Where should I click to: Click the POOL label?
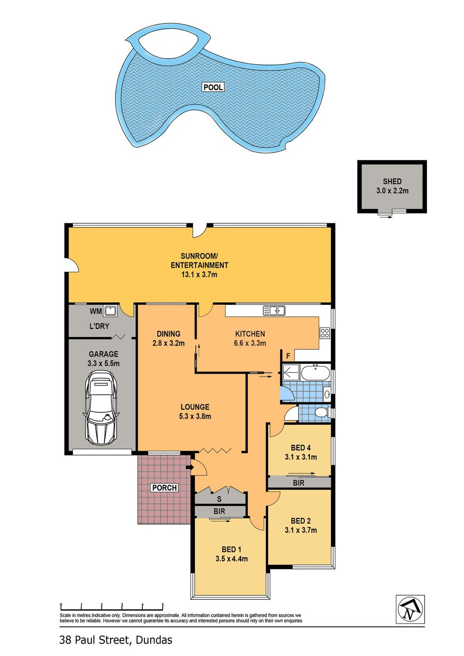point(213,87)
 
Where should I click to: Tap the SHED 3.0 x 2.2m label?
point(392,186)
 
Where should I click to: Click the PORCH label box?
point(164,487)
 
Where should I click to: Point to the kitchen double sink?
point(274,310)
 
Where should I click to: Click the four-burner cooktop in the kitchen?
point(325,333)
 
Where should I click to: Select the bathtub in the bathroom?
point(315,372)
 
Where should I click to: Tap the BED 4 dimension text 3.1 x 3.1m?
point(301,457)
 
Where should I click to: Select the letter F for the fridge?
point(288,356)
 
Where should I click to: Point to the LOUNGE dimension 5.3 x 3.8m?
point(195,416)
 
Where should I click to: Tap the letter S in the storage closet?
point(219,499)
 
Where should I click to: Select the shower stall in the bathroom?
point(291,372)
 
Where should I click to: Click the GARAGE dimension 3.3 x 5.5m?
point(103,363)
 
